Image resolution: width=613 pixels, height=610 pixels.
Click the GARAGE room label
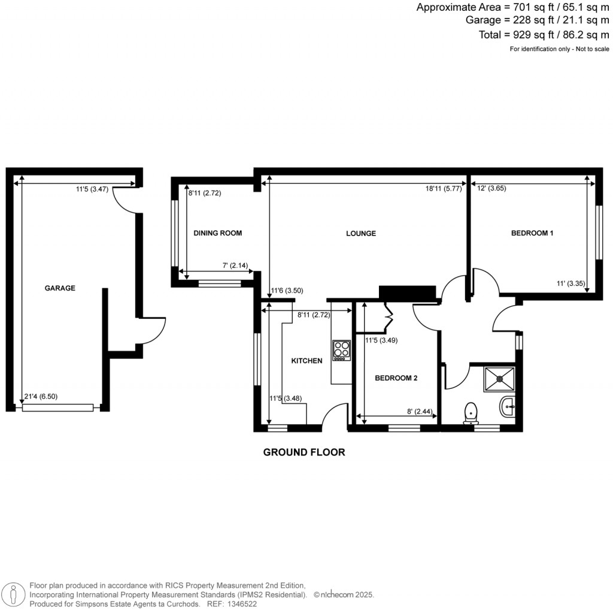coord(60,288)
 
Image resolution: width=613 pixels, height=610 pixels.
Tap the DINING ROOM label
coord(218,233)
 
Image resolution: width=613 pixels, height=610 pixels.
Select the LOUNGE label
coord(361,234)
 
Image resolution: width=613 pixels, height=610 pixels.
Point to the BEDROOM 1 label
coord(532,233)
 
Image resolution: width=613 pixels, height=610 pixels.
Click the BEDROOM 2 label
coord(396,378)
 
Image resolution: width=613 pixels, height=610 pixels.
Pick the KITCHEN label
coord(307,361)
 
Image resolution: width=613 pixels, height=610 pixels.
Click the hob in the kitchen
coord(341,350)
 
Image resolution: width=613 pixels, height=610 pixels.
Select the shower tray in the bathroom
coord(499,378)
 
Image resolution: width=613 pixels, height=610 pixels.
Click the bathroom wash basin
coord(508,407)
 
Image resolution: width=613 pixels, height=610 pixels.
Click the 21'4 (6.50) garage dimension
coord(41,396)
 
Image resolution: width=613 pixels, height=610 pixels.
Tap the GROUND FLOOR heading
coord(304,452)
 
